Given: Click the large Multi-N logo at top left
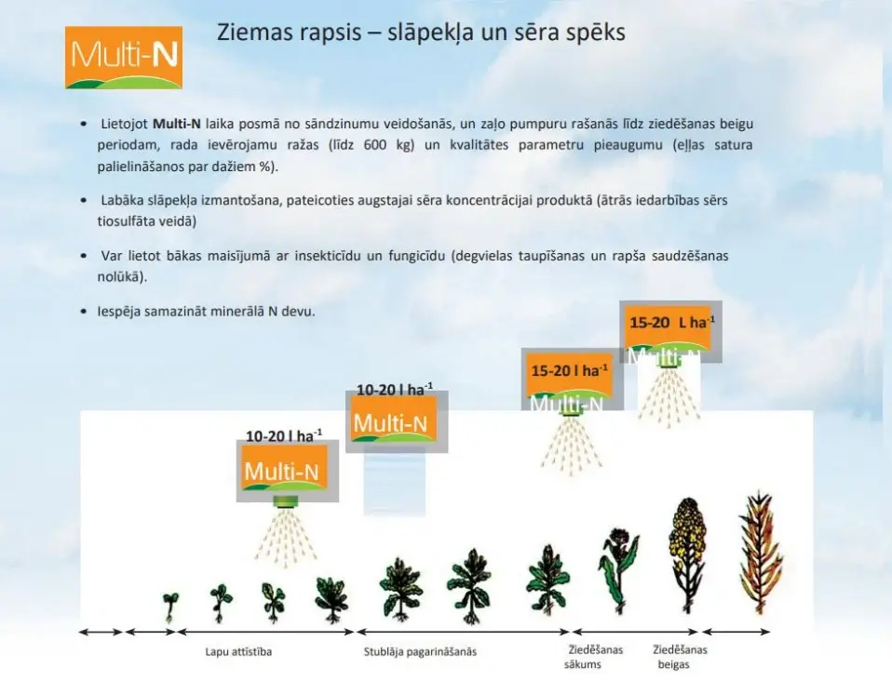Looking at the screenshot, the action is click(124, 58).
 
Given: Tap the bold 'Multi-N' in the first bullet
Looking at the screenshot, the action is click(176, 124).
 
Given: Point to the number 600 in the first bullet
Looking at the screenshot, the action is click(375, 145).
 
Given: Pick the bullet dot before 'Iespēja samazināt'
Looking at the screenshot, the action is click(84, 312).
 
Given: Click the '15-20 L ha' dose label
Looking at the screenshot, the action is click(672, 322).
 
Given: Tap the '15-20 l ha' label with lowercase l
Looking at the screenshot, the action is click(570, 370).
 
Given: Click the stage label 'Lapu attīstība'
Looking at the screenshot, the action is click(238, 651).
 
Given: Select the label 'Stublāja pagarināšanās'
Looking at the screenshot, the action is click(420, 651).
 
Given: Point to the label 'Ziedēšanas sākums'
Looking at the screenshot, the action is click(595, 657).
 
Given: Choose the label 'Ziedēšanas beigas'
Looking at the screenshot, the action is click(680, 657).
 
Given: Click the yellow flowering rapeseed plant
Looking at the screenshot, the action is click(686, 554).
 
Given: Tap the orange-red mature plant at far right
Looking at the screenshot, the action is click(761, 552).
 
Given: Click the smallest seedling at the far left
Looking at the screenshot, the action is click(169, 607).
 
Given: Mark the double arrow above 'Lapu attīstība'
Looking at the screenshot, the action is click(266, 632).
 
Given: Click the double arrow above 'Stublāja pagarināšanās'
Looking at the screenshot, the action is click(463, 632).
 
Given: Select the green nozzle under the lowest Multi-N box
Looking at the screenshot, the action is click(286, 501).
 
